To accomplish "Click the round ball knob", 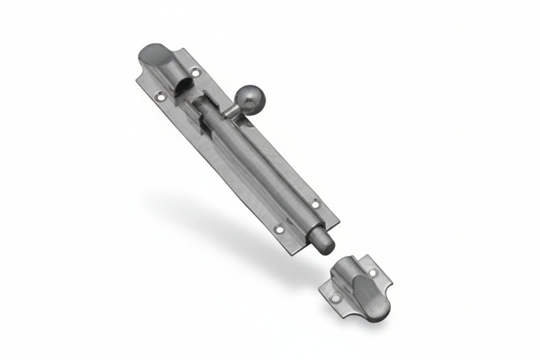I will pos(246,98).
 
